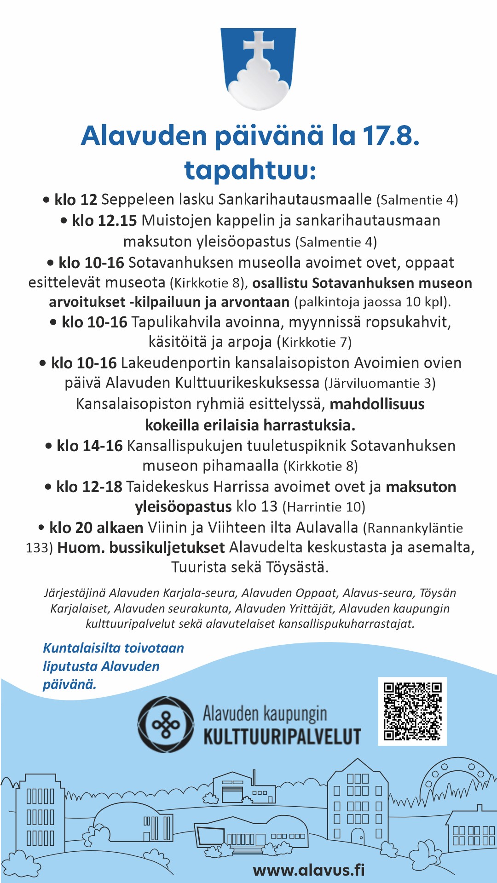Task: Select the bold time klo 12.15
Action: (104, 221)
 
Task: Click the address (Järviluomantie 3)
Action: (380, 383)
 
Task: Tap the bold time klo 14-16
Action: (89, 446)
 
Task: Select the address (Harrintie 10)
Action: (324, 507)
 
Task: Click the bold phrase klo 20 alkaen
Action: (96, 528)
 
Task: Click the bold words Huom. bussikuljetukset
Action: (141, 548)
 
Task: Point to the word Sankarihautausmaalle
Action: (295, 200)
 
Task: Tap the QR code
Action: (412, 711)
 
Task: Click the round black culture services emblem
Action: (166, 724)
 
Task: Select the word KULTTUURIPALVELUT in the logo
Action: (282, 736)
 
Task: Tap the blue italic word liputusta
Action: (70, 666)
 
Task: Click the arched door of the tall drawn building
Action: (357, 836)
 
